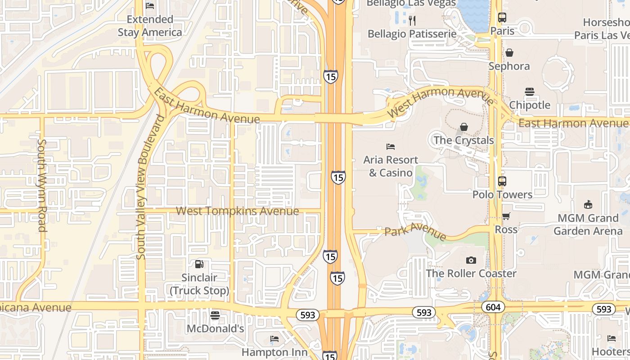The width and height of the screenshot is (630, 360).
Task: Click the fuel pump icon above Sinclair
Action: (199, 264)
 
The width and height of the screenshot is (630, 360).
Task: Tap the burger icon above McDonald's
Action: (215, 315)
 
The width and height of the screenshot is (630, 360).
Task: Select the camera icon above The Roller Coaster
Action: (471, 260)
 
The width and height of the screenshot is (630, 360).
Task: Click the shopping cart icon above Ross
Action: (506, 216)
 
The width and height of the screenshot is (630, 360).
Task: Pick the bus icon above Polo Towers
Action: (502, 181)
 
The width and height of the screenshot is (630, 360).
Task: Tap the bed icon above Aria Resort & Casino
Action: (391, 147)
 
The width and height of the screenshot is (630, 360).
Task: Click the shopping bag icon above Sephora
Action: (509, 53)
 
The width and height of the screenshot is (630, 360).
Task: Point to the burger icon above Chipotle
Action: (530, 92)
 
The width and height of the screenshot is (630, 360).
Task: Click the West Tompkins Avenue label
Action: (237, 211)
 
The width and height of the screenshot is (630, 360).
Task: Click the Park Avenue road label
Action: (415, 231)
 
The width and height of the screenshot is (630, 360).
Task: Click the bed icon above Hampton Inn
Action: (274, 339)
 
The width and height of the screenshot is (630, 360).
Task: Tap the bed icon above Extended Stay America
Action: (150, 6)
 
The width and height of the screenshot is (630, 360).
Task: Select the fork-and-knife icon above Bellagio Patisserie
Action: (412, 20)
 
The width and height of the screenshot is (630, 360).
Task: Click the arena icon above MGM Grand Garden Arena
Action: (588, 205)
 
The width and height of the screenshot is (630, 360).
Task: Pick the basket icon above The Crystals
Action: (464, 127)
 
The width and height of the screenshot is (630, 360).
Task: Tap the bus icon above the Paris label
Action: (502, 18)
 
